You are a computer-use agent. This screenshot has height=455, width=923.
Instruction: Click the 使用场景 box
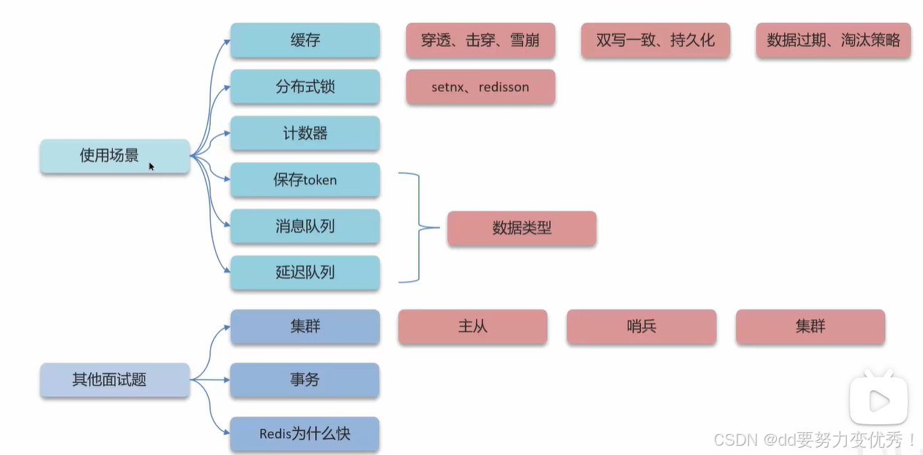114,155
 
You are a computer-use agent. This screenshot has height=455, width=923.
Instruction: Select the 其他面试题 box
114,380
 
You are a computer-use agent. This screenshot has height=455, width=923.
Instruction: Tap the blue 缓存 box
304,40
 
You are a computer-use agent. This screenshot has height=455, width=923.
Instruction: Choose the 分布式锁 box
304,87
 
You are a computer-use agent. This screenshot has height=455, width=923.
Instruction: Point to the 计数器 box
304,133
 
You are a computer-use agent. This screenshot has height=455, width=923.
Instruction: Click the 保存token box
304,180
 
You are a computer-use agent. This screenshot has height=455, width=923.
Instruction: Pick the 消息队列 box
304,227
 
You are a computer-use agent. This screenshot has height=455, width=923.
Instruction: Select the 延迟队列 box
304,272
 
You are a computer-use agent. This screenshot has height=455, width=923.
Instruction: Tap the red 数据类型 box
522,228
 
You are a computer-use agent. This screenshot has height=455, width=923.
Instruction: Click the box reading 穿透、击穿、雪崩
480,40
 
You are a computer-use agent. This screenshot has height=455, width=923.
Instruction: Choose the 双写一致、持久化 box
655,40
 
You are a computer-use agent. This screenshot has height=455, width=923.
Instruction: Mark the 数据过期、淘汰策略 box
833,40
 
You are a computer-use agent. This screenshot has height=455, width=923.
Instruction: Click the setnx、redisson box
480,87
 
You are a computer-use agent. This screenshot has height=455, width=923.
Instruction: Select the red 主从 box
473,327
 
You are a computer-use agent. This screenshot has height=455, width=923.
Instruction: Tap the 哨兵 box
641,327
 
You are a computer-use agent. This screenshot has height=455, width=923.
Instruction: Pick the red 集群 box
810,327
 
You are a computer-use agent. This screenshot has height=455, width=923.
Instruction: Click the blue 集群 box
304,327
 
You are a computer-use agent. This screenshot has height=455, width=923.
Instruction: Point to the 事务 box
304,380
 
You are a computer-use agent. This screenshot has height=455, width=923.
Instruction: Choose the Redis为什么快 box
304,434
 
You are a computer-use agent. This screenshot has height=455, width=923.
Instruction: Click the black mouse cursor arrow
151,166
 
